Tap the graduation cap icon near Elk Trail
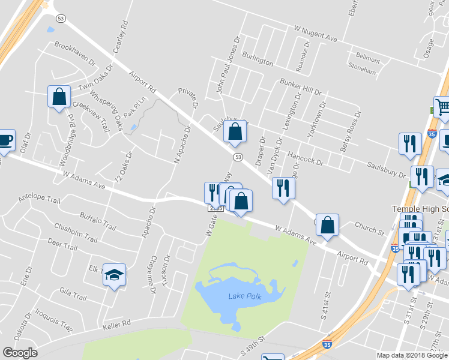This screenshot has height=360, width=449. click(114, 275)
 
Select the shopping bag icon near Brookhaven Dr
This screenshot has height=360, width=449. click(59, 97)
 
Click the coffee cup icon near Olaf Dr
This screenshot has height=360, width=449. click(5, 140)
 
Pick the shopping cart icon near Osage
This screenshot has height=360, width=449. click(442, 107)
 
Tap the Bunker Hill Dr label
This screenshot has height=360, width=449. click(301, 88)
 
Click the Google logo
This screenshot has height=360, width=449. click(20, 353)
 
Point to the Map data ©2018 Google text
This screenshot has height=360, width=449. click(412, 355)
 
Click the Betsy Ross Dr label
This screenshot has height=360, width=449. click(350, 130)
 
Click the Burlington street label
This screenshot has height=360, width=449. click(258, 59)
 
